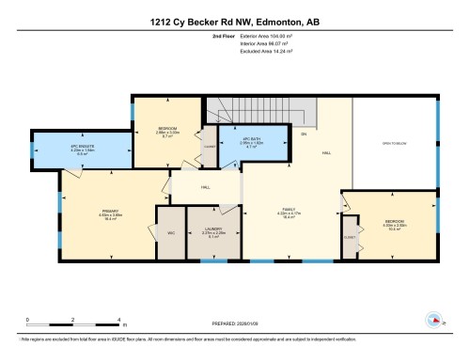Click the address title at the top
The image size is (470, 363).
(234, 22)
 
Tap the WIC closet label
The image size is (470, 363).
(172, 232)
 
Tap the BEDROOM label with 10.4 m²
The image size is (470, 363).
(394, 224)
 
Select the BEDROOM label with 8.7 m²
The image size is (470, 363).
(167, 133)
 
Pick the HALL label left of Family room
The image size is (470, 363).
(204, 188)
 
